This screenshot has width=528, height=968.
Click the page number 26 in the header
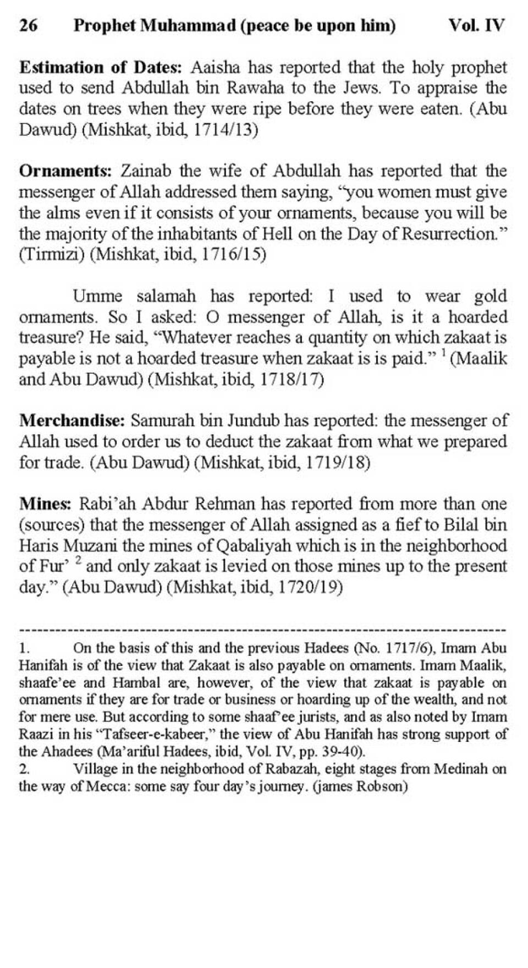click(x=29, y=25)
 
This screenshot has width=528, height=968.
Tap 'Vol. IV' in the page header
click(x=476, y=25)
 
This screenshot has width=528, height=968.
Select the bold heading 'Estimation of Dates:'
click(x=100, y=68)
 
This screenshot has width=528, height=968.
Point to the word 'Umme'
click(x=98, y=296)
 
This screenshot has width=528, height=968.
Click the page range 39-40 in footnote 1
click(x=341, y=752)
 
